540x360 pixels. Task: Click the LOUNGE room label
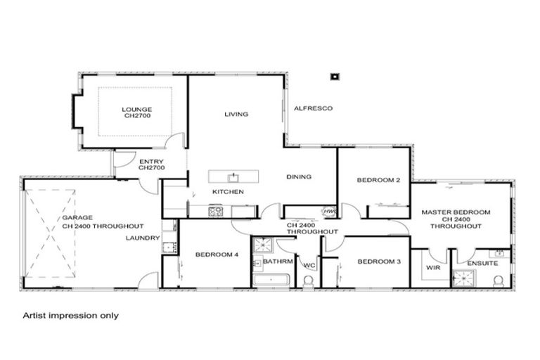(x=136, y=109)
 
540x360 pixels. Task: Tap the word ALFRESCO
(x=312, y=108)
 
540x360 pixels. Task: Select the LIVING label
(x=236, y=114)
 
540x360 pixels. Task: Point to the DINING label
(x=298, y=176)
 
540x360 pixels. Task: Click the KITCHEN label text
(x=228, y=191)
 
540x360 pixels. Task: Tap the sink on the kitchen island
(x=233, y=176)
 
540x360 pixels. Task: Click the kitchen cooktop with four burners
(x=216, y=210)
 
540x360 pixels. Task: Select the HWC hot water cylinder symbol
(x=328, y=212)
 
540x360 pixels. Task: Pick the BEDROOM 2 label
(x=378, y=180)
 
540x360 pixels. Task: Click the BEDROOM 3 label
(x=379, y=262)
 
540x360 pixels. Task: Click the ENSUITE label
(x=482, y=263)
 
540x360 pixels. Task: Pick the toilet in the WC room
(x=308, y=281)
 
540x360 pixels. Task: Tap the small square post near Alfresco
(x=335, y=76)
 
